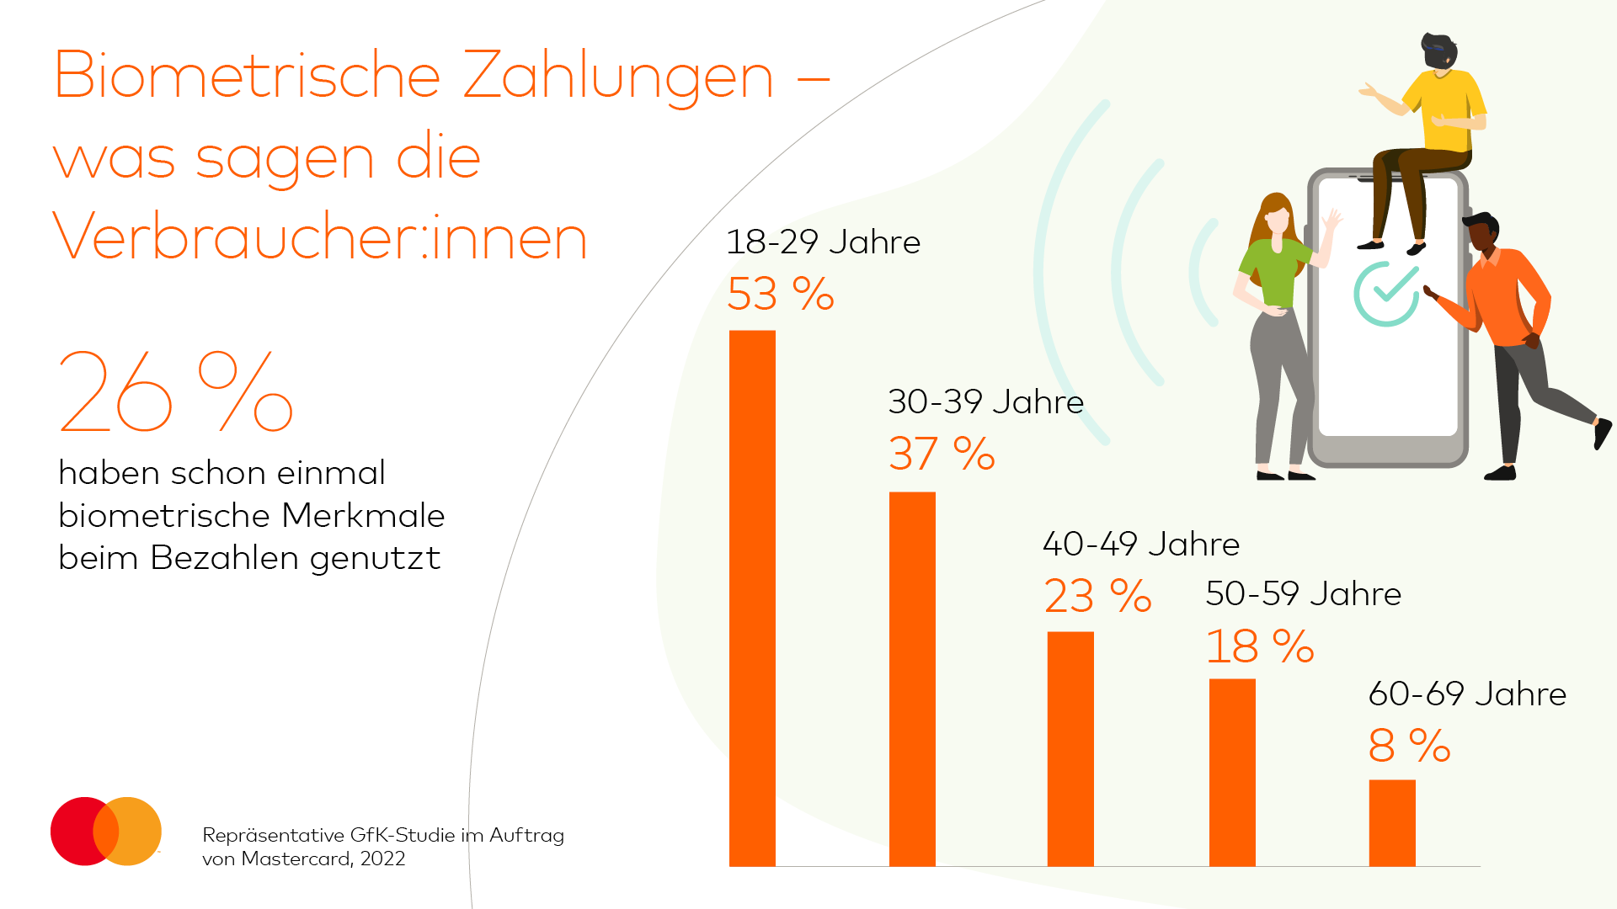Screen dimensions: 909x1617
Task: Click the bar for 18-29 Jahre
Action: tap(752, 598)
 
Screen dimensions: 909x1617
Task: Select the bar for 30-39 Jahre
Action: tap(912, 678)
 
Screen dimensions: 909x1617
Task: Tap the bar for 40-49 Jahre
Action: tap(1070, 748)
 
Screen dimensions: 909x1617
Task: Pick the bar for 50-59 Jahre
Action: tap(1232, 772)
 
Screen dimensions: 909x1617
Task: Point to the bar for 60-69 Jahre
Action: tap(1392, 822)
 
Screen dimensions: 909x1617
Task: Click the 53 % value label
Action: tap(780, 294)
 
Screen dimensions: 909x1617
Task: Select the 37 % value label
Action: tap(942, 454)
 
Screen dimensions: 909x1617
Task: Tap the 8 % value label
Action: tap(1409, 746)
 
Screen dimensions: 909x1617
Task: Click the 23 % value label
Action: tap(1097, 596)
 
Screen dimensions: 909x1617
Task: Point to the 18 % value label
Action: tap(1259, 646)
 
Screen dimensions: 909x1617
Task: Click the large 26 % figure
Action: tap(175, 391)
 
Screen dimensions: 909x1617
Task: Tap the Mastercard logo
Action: tap(106, 831)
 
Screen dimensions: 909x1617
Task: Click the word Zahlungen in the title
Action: tap(617, 76)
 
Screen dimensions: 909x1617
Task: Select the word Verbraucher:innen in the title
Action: tap(320, 237)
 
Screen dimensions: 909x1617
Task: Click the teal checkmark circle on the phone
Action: tap(1386, 294)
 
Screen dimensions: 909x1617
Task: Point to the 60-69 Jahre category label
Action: tap(1467, 694)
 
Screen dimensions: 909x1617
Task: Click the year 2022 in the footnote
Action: tap(382, 858)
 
